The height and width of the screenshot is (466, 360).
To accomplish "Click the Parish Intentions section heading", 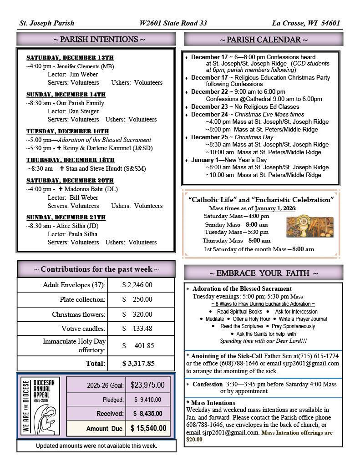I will pyautogui.click(x=99, y=40).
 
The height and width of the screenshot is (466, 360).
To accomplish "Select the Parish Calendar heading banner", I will pyautogui.click(x=264, y=40).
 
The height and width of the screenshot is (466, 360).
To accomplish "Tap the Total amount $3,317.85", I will pyautogui.click(x=138, y=363).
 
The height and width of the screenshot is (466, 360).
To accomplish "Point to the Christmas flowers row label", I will pyautogui.click(x=78, y=314).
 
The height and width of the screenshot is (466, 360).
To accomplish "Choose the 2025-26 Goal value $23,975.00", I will pyautogui.click(x=147, y=385).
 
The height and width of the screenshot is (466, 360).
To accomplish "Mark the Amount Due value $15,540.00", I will pyautogui.click(x=148, y=428).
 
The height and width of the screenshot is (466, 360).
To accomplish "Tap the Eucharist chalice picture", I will pyautogui.click(x=309, y=227).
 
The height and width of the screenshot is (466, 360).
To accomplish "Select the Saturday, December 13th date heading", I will pyautogui.click(x=70, y=58).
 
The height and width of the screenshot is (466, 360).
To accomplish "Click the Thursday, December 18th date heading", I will pyautogui.click(x=70, y=160).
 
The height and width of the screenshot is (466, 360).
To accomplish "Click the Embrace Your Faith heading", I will pyautogui.click(x=264, y=273).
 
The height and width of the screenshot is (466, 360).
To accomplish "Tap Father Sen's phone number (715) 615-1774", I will pyautogui.click(x=322, y=355).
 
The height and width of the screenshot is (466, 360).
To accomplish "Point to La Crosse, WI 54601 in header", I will pyautogui.click(x=306, y=23).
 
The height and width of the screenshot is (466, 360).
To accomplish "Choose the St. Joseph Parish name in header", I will pyautogui.click(x=47, y=23).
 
